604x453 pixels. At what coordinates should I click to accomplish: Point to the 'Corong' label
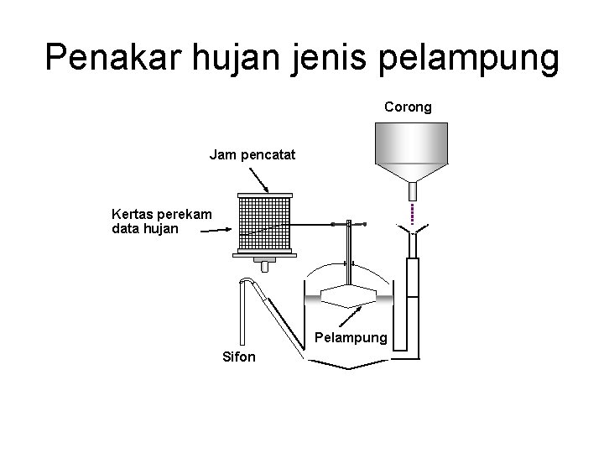tap(408, 107)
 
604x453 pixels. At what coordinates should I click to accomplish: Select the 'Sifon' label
tap(239, 357)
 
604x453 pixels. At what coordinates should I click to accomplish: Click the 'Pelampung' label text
tap(351, 338)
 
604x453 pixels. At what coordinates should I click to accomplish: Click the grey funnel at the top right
tap(410, 151)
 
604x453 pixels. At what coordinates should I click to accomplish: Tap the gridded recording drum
tap(264, 225)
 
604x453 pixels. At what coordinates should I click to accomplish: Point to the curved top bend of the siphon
tap(247, 280)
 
